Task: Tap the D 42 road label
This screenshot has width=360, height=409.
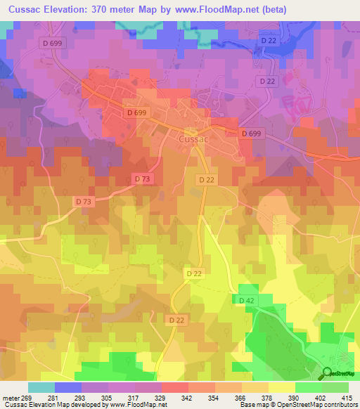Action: pos(245,301)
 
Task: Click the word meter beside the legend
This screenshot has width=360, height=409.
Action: pos(11,398)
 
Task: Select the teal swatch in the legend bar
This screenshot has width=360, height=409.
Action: pos(41,387)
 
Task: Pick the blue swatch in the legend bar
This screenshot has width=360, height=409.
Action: pos(68,387)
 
